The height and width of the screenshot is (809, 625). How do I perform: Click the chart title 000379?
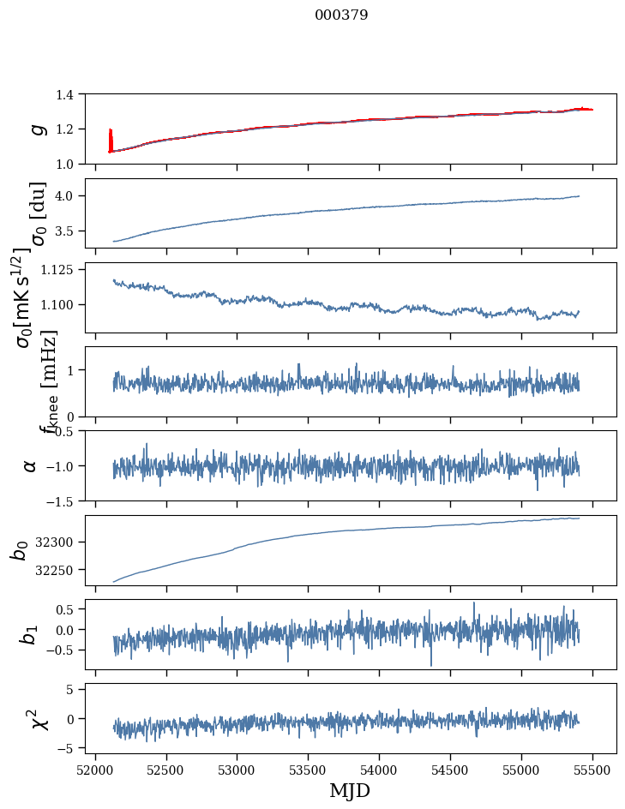tap(341, 15)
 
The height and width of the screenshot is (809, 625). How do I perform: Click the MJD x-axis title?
tap(350, 790)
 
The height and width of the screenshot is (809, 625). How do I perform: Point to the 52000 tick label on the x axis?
tap(95, 769)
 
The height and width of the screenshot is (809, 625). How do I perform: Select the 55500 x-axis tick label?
tap(593, 769)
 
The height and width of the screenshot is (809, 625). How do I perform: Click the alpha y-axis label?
tap(31, 465)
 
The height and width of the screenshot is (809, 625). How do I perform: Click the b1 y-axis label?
tap(30, 634)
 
